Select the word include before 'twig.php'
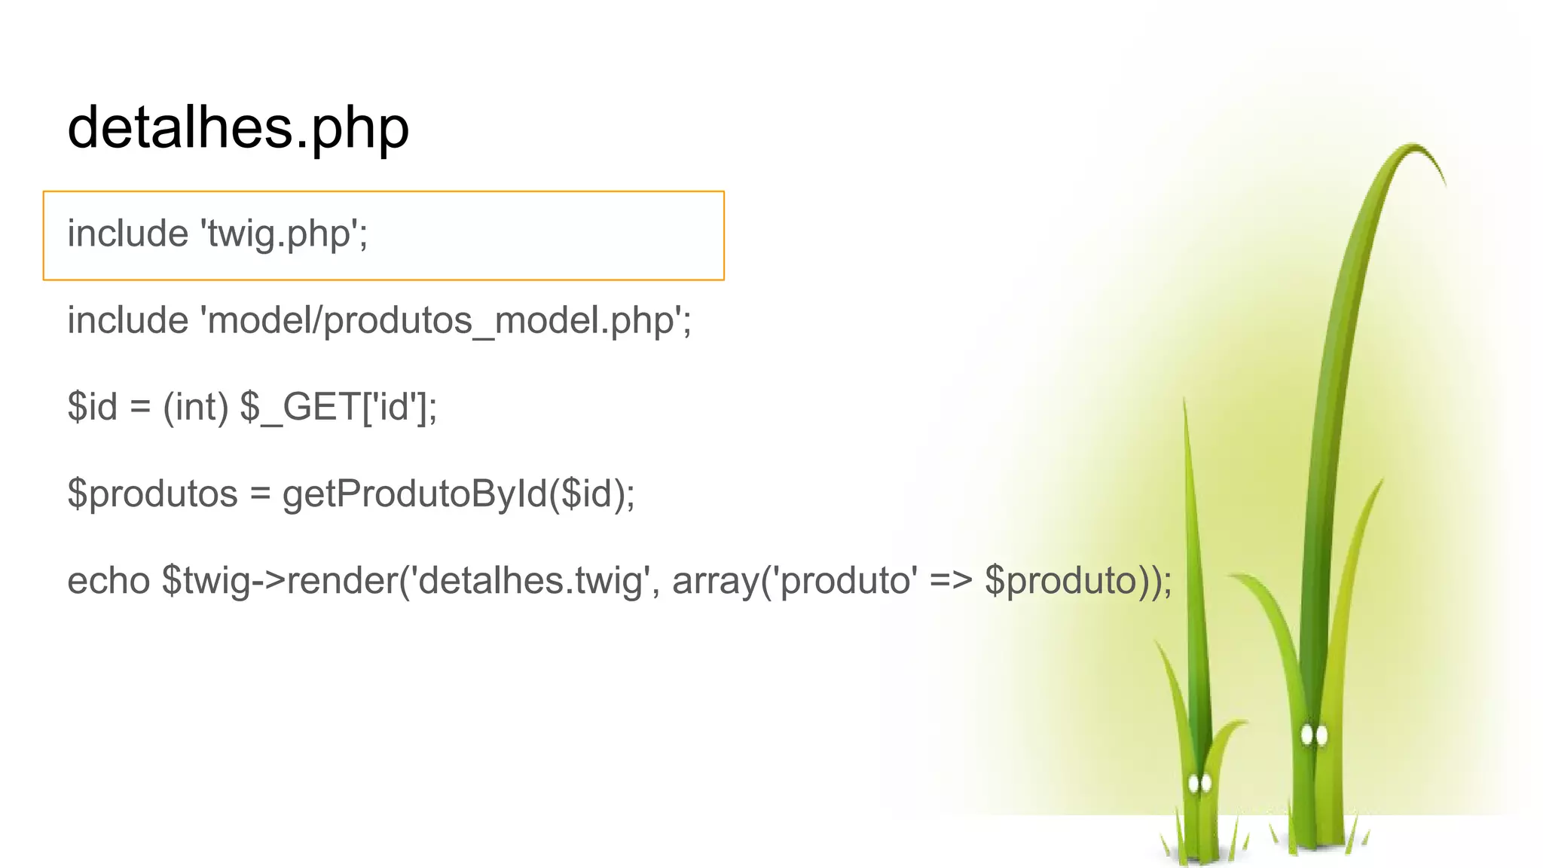[127, 234]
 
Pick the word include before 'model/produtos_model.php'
[127, 321]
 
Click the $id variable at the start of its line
[93, 408]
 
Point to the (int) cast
[195, 408]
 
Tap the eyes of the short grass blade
[1199, 784]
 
